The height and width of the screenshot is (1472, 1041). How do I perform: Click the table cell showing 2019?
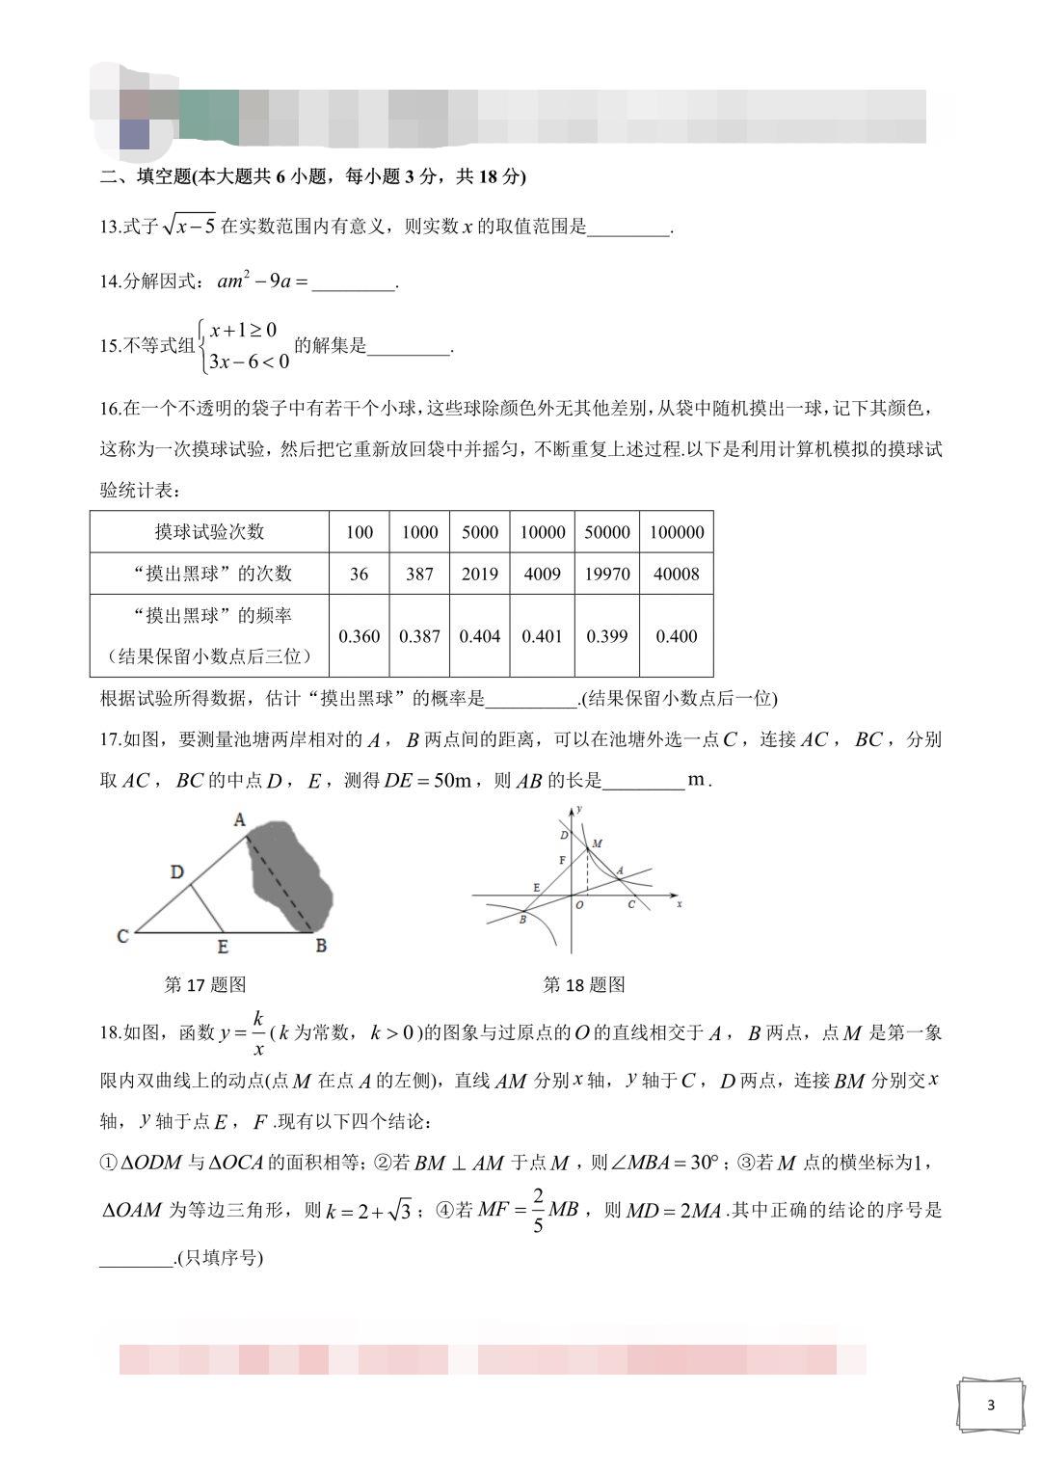click(479, 574)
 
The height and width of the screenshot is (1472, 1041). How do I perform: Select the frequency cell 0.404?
click(479, 636)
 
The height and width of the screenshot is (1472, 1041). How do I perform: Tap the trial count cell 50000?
click(606, 532)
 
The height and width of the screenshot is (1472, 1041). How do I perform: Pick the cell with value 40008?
click(676, 574)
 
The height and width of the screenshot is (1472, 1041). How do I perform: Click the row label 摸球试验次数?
click(209, 532)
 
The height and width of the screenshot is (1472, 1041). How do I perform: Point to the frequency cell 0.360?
click(360, 636)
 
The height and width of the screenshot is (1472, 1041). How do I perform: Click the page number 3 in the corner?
click(990, 1405)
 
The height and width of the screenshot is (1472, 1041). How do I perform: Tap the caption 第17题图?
click(205, 984)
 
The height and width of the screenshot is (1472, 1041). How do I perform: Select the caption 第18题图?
click(584, 984)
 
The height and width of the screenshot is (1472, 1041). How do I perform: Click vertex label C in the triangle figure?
click(122, 936)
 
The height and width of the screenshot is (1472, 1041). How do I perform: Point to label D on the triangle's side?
click(177, 872)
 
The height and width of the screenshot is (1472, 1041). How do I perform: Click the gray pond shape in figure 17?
click(289, 872)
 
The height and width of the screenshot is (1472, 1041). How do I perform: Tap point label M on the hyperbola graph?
click(598, 843)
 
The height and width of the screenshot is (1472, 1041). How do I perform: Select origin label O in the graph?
click(579, 905)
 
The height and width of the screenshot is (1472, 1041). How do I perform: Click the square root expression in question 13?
click(189, 227)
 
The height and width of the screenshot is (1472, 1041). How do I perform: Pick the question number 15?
click(109, 346)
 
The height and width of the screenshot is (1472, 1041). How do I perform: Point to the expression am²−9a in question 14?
click(254, 281)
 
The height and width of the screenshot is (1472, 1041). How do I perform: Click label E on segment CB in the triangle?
click(223, 947)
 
